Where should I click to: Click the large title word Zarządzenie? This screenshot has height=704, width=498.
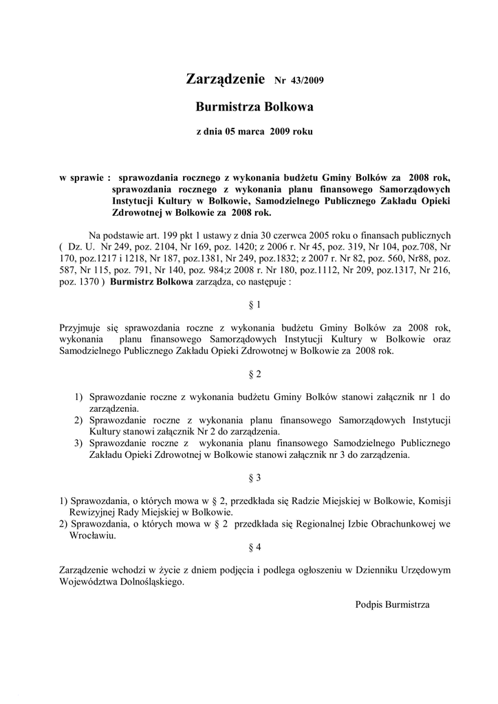226,80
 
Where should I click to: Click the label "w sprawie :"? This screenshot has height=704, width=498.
86,177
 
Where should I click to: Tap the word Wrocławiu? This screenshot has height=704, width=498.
93,536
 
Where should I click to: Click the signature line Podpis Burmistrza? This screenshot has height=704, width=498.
392,604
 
